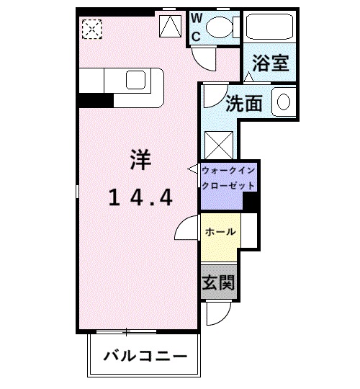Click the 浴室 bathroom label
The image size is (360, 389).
click(271, 63)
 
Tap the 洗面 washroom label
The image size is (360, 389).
click(244, 104)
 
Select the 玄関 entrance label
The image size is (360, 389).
click(218, 282)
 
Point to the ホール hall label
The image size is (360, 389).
click(220, 232)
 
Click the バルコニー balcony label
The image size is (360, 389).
click(145, 357)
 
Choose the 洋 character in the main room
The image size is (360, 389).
click(140, 160)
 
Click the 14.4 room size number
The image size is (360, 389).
click(140, 197)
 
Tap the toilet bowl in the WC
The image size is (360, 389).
click(220, 27)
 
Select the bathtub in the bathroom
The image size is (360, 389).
click(269, 27)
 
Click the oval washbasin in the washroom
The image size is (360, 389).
click(284, 102)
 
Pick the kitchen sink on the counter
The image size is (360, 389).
click(135, 80)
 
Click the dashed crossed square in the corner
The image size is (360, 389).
click(92, 29)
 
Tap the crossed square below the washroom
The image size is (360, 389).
click(219, 145)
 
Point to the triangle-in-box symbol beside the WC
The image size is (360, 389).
click(171, 26)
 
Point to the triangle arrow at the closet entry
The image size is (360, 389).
click(193, 169)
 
